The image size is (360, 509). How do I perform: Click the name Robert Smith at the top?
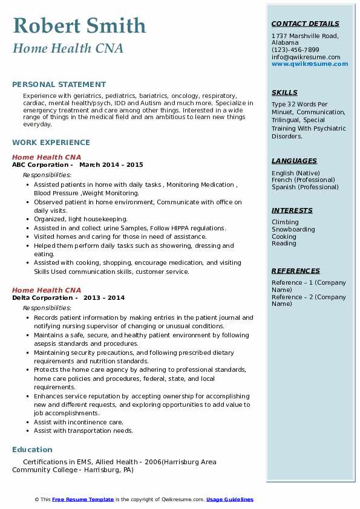(x=79, y=26)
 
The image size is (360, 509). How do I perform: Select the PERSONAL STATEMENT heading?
(x=59, y=85)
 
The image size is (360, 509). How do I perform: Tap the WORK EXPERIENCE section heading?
(x=51, y=143)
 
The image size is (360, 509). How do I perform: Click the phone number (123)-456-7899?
(x=295, y=50)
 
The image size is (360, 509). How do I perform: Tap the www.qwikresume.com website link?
(x=310, y=63)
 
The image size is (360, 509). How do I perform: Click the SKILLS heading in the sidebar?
(x=284, y=92)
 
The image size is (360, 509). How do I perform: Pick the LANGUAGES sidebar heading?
(x=294, y=161)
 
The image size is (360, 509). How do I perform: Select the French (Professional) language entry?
(x=303, y=180)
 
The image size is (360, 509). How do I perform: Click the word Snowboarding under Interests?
(x=293, y=229)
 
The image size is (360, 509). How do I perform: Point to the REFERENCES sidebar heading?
(x=296, y=271)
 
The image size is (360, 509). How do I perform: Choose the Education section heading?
(x=32, y=449)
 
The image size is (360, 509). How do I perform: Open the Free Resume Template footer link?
(x=83, y=499)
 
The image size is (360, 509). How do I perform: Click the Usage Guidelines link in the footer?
(x=229, y=499)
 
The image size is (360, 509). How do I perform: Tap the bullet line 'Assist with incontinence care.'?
(x=79, y=422)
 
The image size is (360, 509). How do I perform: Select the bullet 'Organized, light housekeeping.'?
(x=80, y=219)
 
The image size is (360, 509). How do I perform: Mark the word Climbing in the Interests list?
(x=285, y=222)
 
